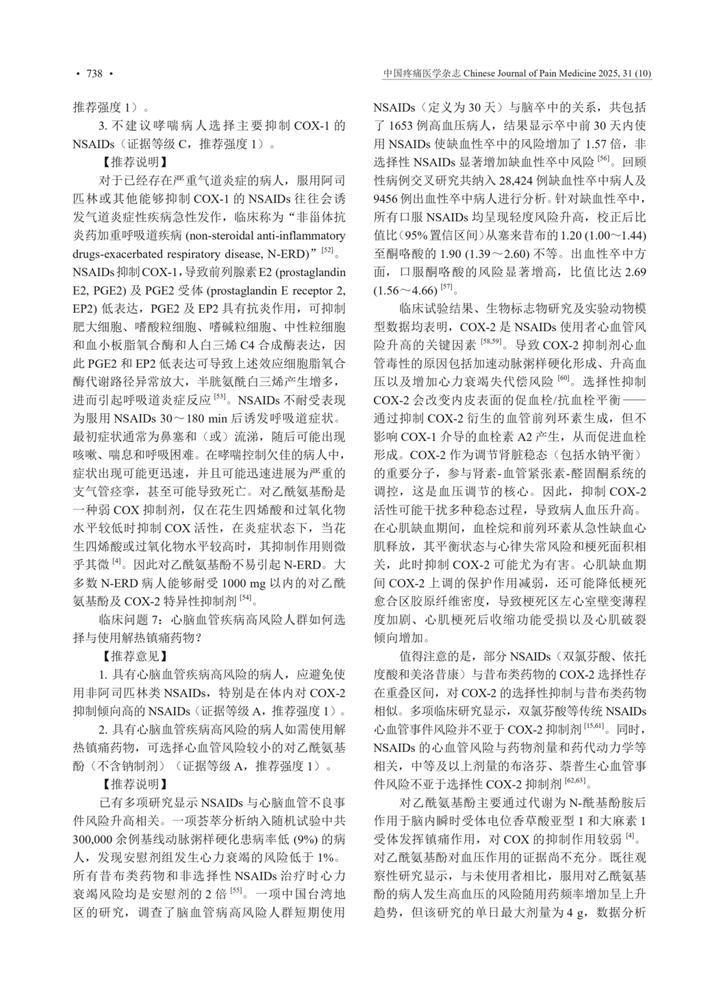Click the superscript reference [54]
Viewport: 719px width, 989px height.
pos(246,597)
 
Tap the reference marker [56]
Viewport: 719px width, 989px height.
pos(603,159)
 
